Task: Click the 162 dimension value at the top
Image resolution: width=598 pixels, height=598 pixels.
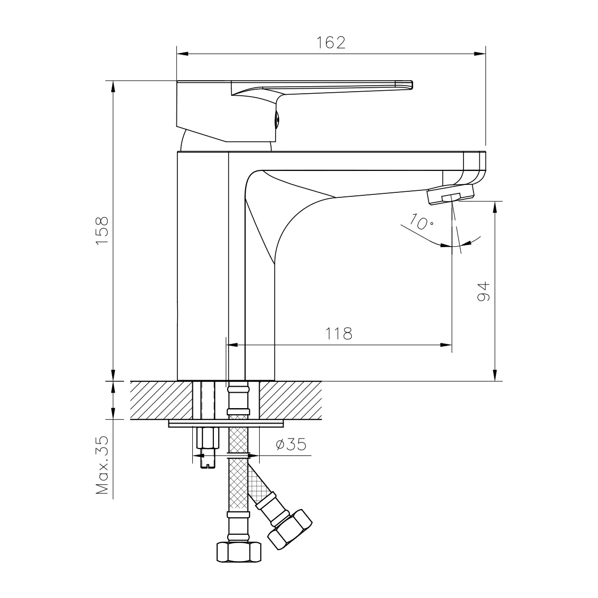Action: (330, 43)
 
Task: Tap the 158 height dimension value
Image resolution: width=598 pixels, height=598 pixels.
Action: (102, 231)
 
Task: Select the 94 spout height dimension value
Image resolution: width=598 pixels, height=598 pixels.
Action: (483, 291)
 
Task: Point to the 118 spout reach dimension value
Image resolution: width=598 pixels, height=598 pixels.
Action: (338, 333)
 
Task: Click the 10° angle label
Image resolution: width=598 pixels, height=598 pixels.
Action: (421, 222)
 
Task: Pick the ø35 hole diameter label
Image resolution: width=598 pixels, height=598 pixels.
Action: (291, 444)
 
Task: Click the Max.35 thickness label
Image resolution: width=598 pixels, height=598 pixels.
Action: (103, 465)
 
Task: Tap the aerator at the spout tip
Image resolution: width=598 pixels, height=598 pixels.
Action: (451, 194)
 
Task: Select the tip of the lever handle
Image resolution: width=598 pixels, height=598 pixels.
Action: (412, 85)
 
